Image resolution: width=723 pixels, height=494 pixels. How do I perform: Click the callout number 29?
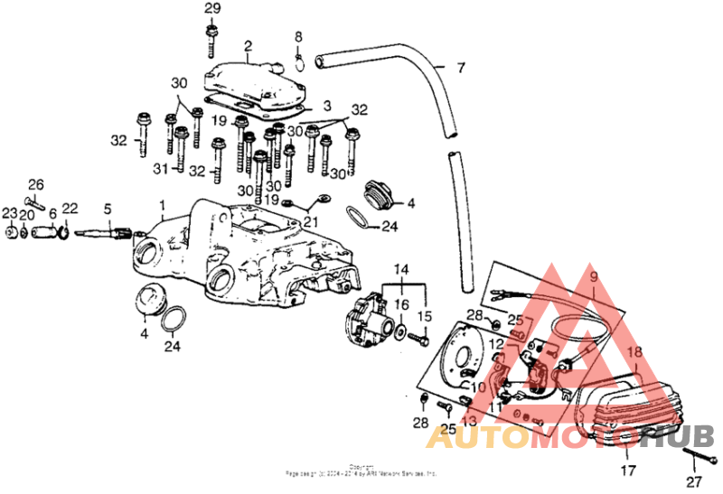pos(211,8)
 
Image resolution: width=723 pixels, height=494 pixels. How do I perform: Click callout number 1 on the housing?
pos(162,206)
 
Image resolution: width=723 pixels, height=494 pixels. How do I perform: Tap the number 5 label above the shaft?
pos(107,209)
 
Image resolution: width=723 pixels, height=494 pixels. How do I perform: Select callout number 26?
pos(35,185)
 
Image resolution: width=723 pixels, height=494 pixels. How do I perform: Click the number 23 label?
pos(9,213)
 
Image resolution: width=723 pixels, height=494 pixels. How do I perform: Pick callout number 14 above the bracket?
pos(401,269)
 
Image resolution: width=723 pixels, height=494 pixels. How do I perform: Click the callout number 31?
pos(162,168)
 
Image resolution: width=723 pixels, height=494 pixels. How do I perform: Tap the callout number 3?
pos(326,107)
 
